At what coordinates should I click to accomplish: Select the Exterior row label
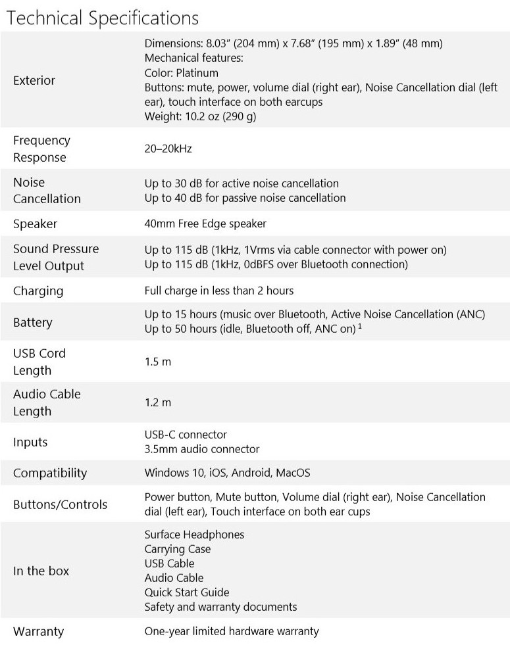(x=34, y=80)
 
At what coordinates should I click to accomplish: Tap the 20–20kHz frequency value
(x=168, y=149)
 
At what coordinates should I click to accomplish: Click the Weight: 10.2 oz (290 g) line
(x=199, y=116)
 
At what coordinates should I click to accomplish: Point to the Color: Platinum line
(x=181, y=73)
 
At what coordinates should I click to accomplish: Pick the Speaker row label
(x=35, y=224)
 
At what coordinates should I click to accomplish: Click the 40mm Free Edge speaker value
(x=205, y=224)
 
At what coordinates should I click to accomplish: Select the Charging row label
(x=38, y=291)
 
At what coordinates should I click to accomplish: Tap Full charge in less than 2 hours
(x=218, y=291)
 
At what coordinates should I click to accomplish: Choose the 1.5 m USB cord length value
(x=153, y=362)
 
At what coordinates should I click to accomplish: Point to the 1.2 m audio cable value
(x=153, y=402)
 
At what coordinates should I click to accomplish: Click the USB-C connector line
(x=185, y=435)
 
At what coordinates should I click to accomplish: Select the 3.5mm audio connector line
(x=201, y=449)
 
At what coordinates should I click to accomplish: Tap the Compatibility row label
(x=50, y=473)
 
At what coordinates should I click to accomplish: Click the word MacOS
(x=293, y=473)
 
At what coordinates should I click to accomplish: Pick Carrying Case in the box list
(x=178, y=549)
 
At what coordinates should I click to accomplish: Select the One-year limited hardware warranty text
(x=232, y=631)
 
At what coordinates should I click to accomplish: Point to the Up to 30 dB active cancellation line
(x=242, y=183)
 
